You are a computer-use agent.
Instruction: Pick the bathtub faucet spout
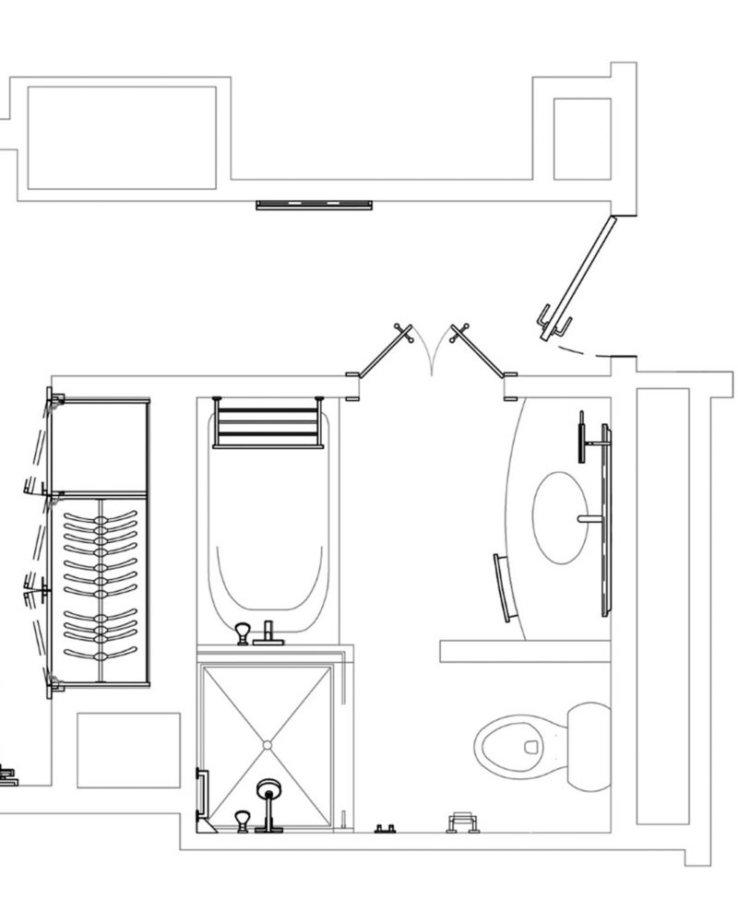tap(269, 632)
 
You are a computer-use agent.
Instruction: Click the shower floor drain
tap(267, 743)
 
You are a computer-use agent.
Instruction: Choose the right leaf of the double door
tap(481, 355)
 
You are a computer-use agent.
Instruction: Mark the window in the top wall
tap(315, 204)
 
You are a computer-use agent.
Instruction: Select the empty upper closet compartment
tap(100, 446)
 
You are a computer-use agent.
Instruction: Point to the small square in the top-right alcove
tap(582, 138)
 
